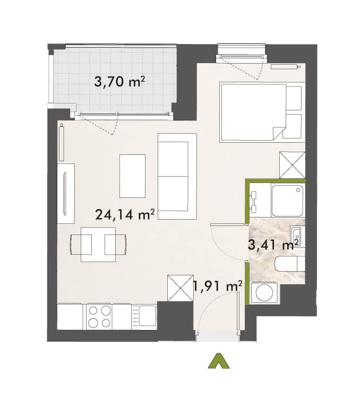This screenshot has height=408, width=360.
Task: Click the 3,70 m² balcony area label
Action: (x=119, y=82)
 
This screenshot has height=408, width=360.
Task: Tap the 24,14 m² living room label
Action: (x=125, y=214)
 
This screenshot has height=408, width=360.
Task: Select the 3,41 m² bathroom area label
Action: (x=273, y=245)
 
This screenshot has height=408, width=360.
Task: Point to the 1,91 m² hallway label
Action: (x=218, y=286)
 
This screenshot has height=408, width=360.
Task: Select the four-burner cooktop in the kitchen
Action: (x=99, y=317)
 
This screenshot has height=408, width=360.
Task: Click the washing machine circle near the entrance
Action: (x=264, y=293)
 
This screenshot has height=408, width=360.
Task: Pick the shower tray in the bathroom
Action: (x=288, y=201)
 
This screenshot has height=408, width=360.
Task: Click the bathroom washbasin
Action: (x=296, y=237)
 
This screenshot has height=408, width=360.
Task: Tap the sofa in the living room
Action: (x=177, y=176)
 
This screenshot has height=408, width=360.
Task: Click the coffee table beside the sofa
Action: (x=132, y=176)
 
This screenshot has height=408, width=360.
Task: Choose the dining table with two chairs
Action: (x=98, y=245)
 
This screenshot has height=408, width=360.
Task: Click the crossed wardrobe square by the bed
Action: (x=292, y=165)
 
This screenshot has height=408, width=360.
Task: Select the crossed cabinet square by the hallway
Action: (x=180, y=288)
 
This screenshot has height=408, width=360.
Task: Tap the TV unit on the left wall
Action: (x=66, y=193)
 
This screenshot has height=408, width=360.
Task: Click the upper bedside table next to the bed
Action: (x=294, y=98)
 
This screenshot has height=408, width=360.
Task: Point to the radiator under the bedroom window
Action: (x=285, y=67)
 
